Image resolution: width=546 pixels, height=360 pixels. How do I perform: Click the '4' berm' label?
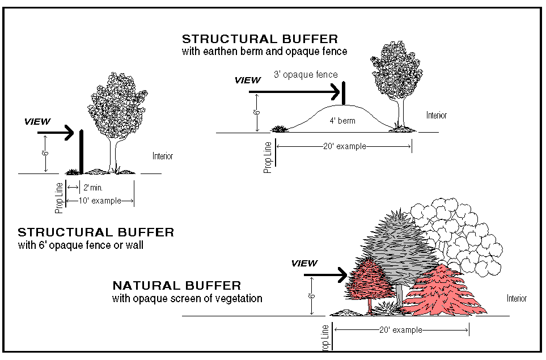pos(342,121)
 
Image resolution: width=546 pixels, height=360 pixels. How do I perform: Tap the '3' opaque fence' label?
pos(305,74)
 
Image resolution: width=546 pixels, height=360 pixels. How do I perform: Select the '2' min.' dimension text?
pos(93,187)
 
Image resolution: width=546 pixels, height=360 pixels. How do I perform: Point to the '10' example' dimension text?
pos(101,201)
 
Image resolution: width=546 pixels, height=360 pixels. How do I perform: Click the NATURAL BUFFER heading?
pos(176,286)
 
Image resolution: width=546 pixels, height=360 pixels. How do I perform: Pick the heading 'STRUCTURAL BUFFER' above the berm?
pos(260,39)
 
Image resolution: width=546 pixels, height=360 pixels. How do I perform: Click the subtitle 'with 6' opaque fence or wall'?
pos(81,245)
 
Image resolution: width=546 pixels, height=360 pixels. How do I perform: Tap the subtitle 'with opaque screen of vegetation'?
pos(187,298)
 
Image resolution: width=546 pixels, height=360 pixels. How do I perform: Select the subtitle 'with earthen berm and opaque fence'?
pos(264,51)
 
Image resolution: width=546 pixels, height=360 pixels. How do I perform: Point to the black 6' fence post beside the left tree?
pos(82,151)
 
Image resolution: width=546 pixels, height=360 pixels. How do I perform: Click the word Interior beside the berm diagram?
pos(436,115)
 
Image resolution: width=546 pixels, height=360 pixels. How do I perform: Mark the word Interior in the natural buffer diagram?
pos(517,298)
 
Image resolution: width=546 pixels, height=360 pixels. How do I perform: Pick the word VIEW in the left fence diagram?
pos(38,121)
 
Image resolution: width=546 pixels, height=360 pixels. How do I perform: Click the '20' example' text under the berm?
pos(344,146)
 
